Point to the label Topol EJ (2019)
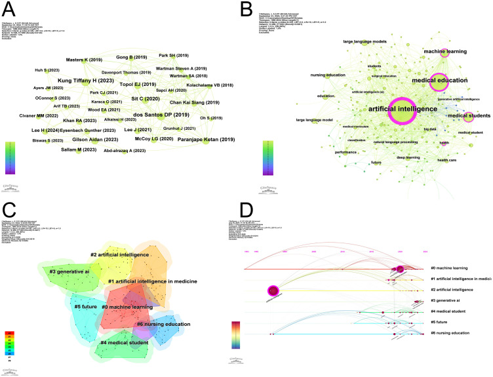(x=138, y=84)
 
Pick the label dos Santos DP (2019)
(x=161, y=115)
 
